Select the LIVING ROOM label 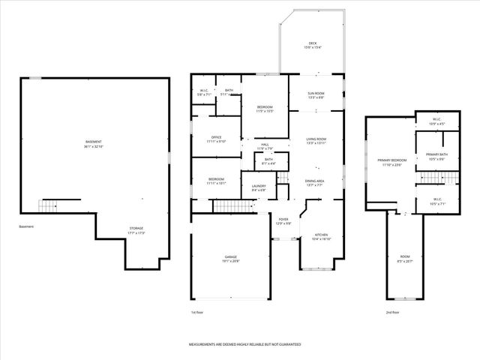[x=316, y=140]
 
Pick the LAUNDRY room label [x=259, y=187]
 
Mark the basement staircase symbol [x=48, y=205]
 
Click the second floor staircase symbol [x=430, y=177]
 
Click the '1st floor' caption [x=198, y=312]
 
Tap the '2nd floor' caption [x=393, y=312]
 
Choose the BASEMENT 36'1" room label [x=93, y=143]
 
